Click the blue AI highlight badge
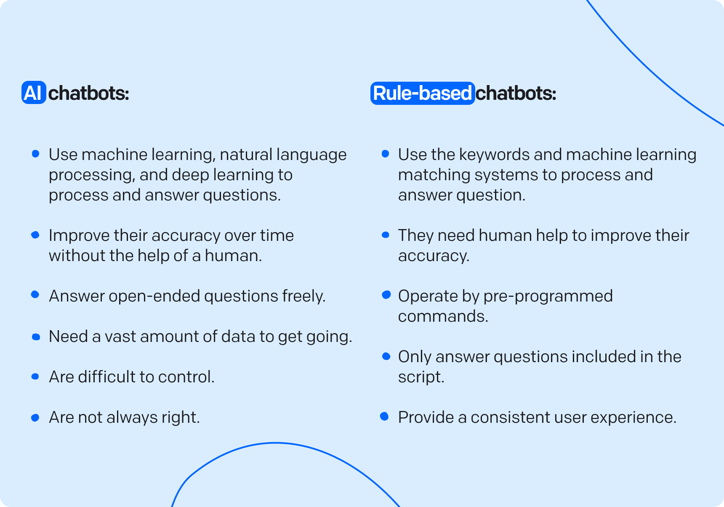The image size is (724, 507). click(34, 93)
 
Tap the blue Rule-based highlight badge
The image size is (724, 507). click(422, 93)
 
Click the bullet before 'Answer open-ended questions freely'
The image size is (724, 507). click(35, 295)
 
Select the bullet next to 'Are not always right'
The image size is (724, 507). click(35, 418)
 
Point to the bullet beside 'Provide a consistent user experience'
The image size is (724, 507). click(384, 417)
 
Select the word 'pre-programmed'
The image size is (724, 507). click(548, 296)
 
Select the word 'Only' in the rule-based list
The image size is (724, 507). click(415, 357)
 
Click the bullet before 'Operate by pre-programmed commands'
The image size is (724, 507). click(386, 295)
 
